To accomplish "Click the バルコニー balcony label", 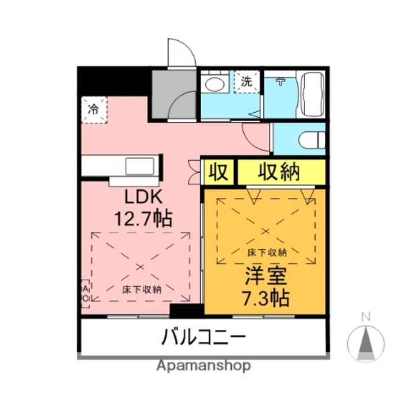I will tap(204, 338).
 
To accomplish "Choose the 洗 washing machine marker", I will tap(247, 81).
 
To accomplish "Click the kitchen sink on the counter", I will tap(139, 167).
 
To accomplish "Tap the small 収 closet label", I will tap(218, 172).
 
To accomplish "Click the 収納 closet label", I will tap(279, 172).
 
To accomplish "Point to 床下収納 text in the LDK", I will tap(142, 289).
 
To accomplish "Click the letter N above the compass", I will tap(365, 317).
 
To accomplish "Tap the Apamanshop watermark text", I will tap(204, 365).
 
